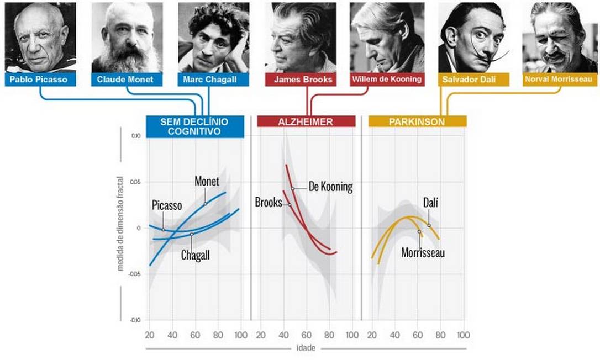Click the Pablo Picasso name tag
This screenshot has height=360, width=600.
[x=40, y=80]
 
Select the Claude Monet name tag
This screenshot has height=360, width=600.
[x=126, y=80]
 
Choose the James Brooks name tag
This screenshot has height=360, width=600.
[x=303, y=80]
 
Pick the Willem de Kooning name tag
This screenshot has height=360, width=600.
[x=387, y=80]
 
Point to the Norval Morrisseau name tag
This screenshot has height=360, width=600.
[x=560, y=80]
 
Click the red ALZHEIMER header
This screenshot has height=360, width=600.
[x=306, y=121]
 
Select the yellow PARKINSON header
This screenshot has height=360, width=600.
[x=417, y=121]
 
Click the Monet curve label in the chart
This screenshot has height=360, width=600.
[x=207, y=182]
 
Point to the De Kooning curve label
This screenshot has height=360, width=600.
[x=330, y=187]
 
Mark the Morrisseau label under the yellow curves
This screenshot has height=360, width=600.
[x=423, y=253]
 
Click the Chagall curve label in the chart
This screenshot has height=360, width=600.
[x=196, y=256]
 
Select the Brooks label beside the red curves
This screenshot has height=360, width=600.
[x=269, y=203]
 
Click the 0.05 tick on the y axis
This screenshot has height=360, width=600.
[x=135, y=182]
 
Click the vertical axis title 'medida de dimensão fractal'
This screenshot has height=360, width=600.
[x=120, y=227]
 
